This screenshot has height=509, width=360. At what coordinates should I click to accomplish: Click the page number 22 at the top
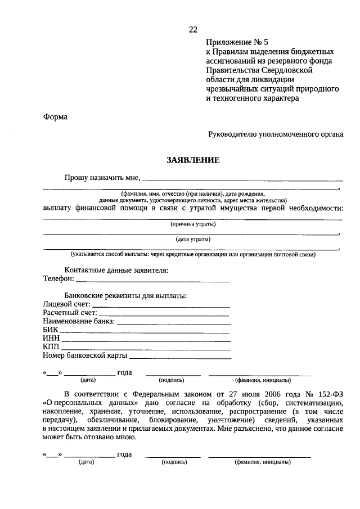[193, 29]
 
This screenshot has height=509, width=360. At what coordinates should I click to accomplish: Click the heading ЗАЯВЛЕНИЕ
[192, 160]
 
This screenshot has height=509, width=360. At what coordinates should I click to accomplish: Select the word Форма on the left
[55, 117]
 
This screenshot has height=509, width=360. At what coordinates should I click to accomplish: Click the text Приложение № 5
[235, 42]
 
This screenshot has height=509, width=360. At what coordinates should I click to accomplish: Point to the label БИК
[50, 330]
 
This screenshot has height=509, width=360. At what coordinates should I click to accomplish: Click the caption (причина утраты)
[193, 224]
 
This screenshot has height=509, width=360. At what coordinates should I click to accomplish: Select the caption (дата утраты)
[193, 239]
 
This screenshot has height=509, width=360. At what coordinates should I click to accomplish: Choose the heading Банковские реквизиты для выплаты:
[125, 296]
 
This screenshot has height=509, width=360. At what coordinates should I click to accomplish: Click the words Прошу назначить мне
[101, 178]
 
